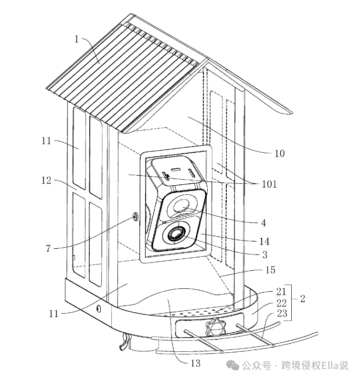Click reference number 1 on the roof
click(76, 39)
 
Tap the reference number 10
click(279, 153)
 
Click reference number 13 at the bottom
click(195, 363)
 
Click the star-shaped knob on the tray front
click(215, 328)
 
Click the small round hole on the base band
click(99, 308)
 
